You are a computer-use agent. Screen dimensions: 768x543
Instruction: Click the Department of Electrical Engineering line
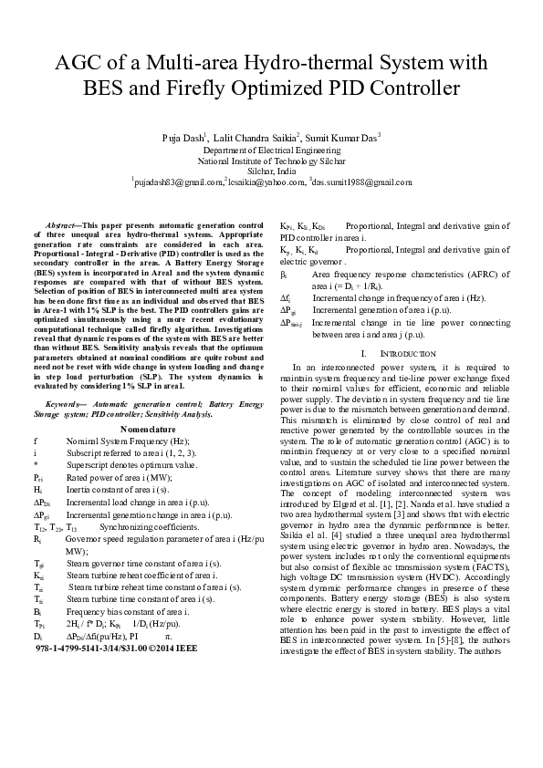click(x=271, y=148)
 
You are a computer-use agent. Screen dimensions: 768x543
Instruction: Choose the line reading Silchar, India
click(x=271, y=170)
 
